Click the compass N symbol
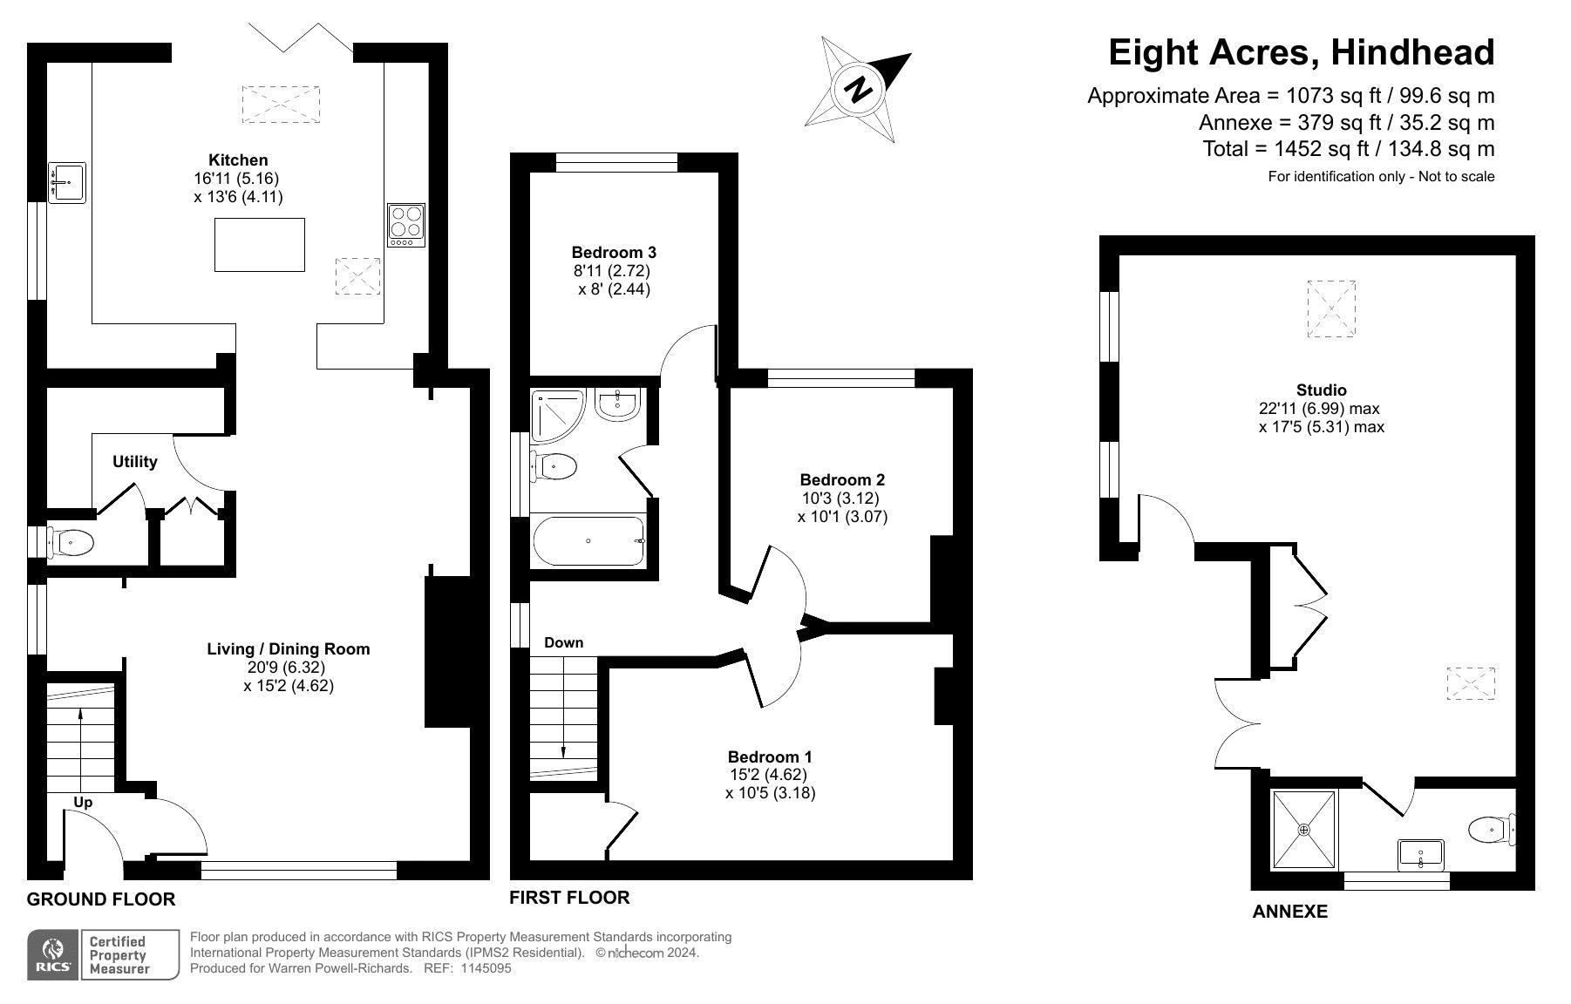pyautogui.click(x=859, y=89)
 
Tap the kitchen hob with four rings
pyautogui.click(x=406, y=225)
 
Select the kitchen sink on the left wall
pyautogui.click(x=66, y=182)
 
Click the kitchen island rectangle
pyautogui.click(x=260, y=245)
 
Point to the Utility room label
pyautogui.click(x=135, y=462)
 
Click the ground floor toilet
pyautogui.click(x=70, y=544)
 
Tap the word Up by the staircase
pyautogui.click(x=83, y=802)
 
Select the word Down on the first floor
pyautogui.click(x=564, y=642)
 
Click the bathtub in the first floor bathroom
pyautogui.click(x=588, y=541)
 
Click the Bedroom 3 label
pyautogui.click(x=614, y=252)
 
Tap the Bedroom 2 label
pyautogui.click(x=842, y=479)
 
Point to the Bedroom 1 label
pyautogui.click(x=770, y=756)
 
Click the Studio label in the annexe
pyautogui.click(x=1322, y=390)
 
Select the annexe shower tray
pyautogui.click(x=1304, y=830)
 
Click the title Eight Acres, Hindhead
pyautogui.click(x=1301, y=52)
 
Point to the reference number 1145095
pyautogui.click(x=486, y=968)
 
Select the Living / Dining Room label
pyautogui.click(x=289, y=648)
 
